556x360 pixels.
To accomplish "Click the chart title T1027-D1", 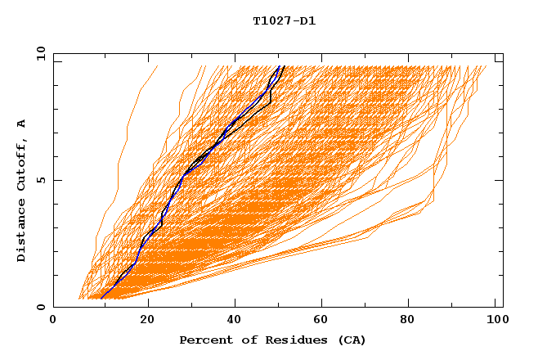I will pos(284,21).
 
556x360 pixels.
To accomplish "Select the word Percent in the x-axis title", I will pos(204,340).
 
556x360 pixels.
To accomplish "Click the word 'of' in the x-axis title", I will pos(244,340).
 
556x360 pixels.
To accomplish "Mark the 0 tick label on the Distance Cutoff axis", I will pos(40,307).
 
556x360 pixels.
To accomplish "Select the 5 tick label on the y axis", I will pos(40,180).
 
